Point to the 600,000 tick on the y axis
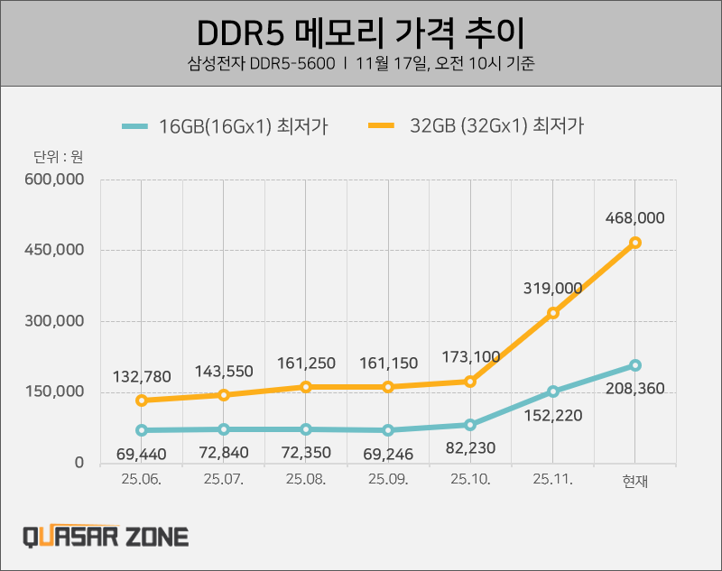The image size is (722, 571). [55, 180]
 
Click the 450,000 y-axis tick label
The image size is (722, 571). [55, 250]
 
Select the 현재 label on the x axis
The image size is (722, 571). [635, 481]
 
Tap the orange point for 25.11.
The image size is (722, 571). [553, 313]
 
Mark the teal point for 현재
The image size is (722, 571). [635, 365]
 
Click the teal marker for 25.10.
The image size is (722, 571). [471, 425]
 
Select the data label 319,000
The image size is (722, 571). [552, 288]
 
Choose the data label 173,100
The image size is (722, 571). [471, 357]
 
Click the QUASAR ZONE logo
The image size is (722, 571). [106, 537]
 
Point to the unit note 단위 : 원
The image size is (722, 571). [52, 156]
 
